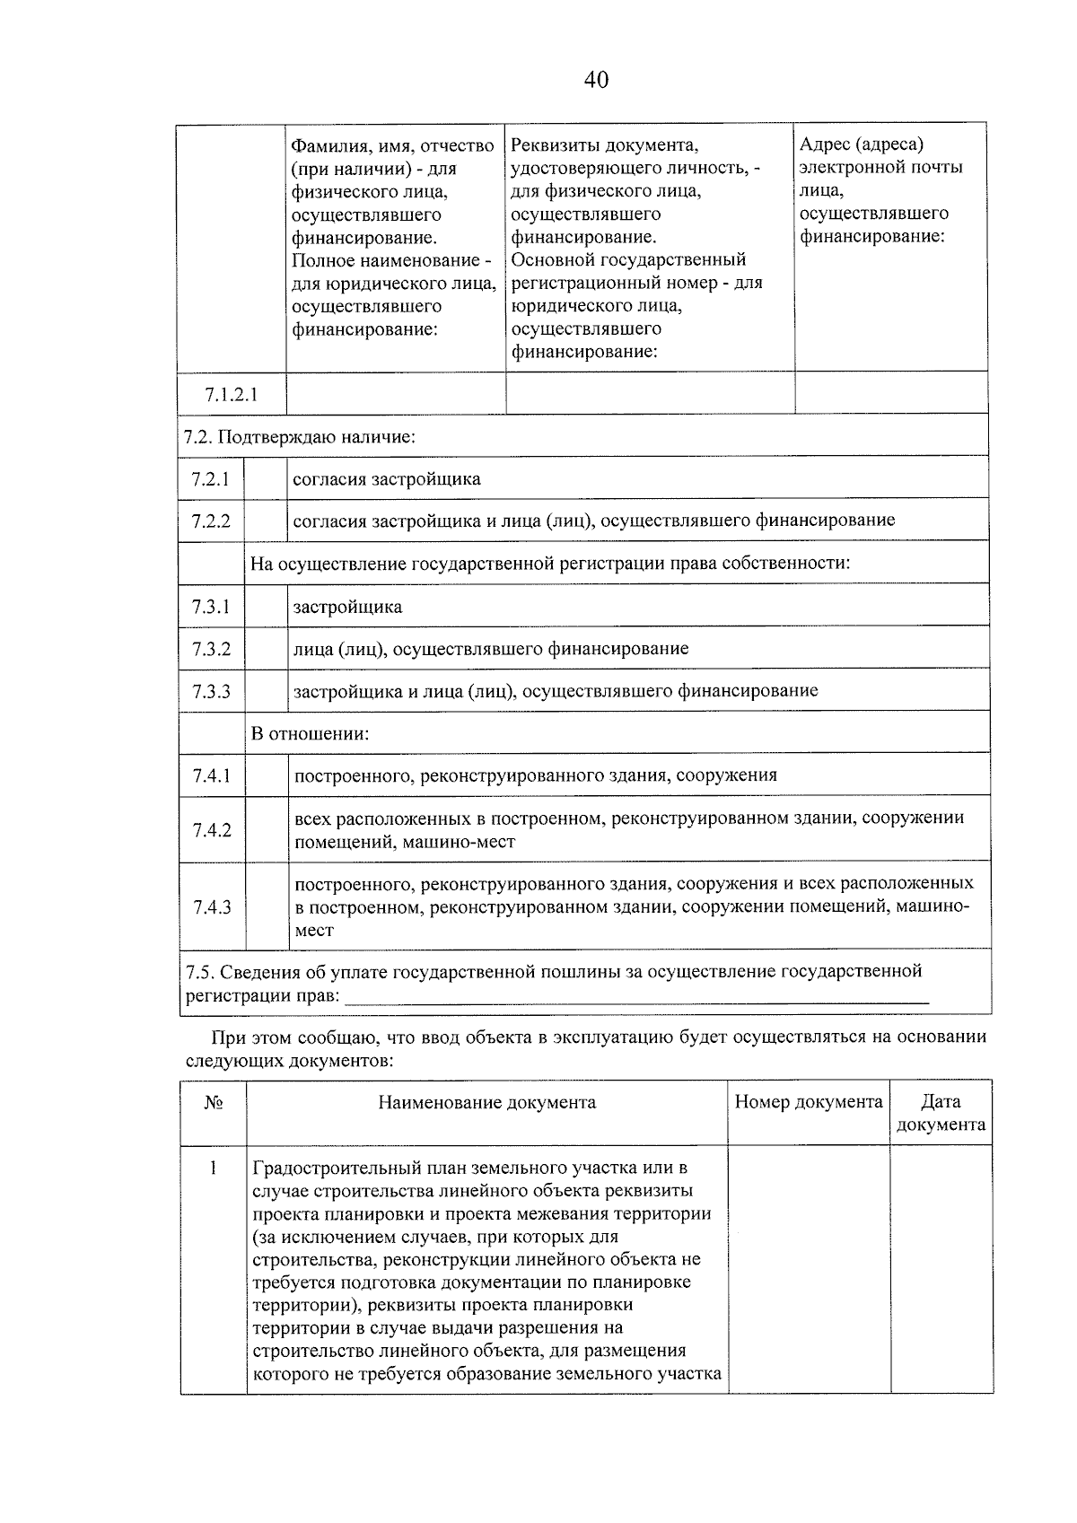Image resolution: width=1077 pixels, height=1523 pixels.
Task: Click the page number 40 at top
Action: point(596,81)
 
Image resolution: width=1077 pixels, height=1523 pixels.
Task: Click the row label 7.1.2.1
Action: point(231,395)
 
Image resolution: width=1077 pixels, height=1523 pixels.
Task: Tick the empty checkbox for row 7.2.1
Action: point(266,479)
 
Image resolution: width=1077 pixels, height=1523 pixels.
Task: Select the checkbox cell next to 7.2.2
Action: point(266,521)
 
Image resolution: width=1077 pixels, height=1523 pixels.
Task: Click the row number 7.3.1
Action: point(211,607)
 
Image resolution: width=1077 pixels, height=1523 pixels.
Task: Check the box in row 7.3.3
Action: point(266,691)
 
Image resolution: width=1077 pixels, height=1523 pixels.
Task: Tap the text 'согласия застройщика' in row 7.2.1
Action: point(387,479)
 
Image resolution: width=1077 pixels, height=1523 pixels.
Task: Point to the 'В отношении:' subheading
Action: point(310,733)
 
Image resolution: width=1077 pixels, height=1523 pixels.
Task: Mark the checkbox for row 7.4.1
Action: point(267,775)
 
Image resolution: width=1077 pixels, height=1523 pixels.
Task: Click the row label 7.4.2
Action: point(212,830)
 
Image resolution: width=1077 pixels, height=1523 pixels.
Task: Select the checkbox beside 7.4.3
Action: point(267,906)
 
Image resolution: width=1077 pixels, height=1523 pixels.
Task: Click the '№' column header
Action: point(213,1103)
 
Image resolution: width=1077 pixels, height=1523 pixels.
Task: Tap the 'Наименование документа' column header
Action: point(486,1103)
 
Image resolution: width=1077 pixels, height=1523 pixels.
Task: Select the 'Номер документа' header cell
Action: point(808,1102)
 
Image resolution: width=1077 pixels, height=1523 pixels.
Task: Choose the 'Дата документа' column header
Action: point(941,1113)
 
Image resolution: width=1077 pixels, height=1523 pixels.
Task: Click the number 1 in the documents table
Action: point(213,1169)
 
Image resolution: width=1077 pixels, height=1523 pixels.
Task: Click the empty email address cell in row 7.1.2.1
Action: point(890,394)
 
